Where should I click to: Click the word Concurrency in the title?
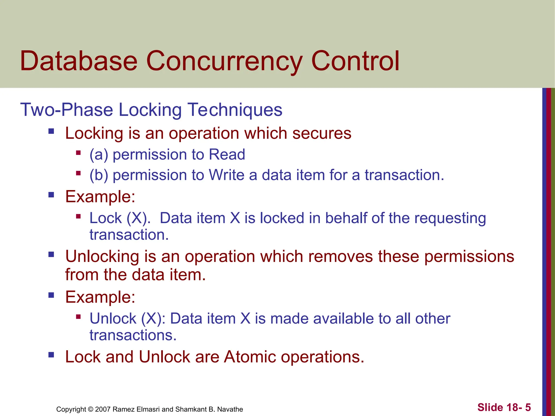(x=224, y=61)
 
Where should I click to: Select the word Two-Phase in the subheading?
(x=66, y=110)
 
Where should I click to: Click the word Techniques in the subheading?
(x=235, y=110)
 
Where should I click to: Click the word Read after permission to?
(x=227, y=155)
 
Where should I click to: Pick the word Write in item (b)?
(x=226, y=175)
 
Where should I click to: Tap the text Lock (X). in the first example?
(x=120, y=218)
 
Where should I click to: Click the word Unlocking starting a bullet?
(x=102, y=256)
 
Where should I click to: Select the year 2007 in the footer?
(x=103, y=409)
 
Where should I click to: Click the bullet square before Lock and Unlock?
(x=51, y=355)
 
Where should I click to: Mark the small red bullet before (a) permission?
(x=78, y=152)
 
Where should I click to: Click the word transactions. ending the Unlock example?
(x=133, y=335)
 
